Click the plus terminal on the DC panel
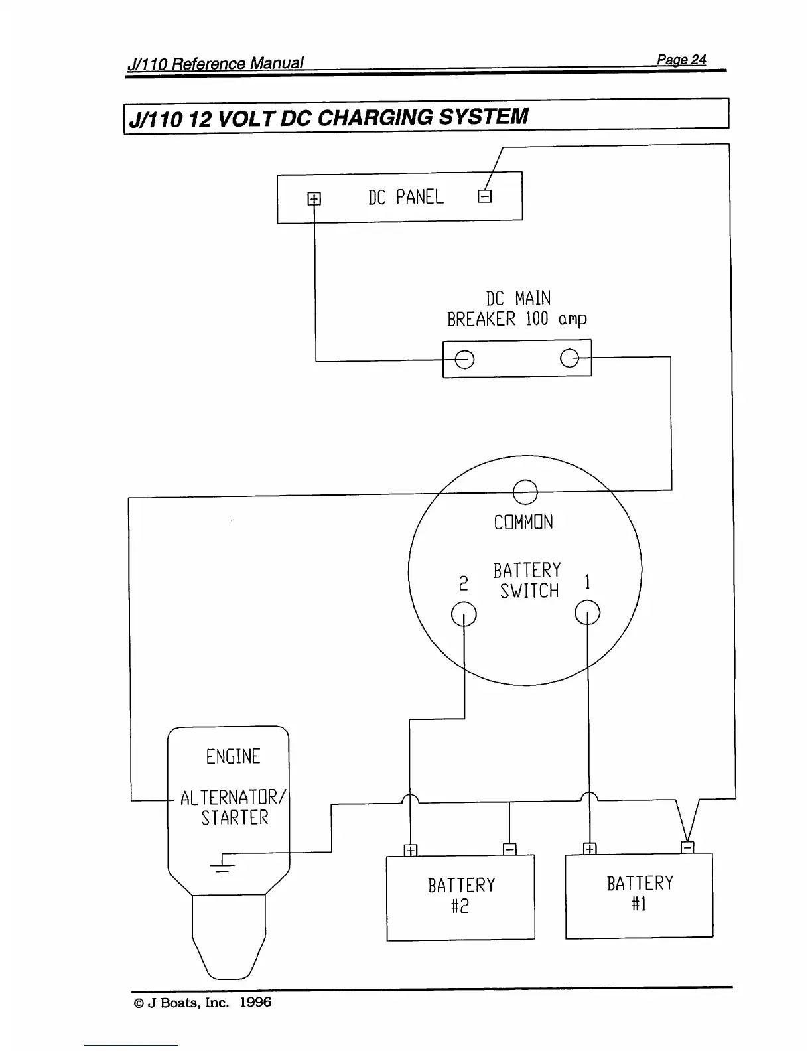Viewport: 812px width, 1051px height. coord(314,198)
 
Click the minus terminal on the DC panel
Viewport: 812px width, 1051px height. coord(485,196)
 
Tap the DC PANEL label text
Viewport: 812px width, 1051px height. coord(405,197)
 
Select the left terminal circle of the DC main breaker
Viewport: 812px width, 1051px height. coord(464,359)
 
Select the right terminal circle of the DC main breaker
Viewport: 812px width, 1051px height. coord(570,358)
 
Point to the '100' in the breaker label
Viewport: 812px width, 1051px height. coord(537,319)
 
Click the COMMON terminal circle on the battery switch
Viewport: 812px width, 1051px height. coord(525,492)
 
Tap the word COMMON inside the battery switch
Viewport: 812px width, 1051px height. coord(523,522)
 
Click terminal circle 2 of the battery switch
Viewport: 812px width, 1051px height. coord(464,613)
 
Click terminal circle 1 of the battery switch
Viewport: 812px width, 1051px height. coord(588,612)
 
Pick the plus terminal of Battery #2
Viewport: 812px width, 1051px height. coord(411,851)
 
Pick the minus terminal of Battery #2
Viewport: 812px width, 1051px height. coord(509,849)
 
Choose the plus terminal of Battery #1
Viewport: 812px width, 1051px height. coord(590,849)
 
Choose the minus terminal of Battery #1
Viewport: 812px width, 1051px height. coord(688,847)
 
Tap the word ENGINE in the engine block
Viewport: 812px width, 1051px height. coord(233,756)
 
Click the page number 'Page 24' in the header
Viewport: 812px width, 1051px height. coord(681,60)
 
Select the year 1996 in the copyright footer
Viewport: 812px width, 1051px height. coord(255,1002)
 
